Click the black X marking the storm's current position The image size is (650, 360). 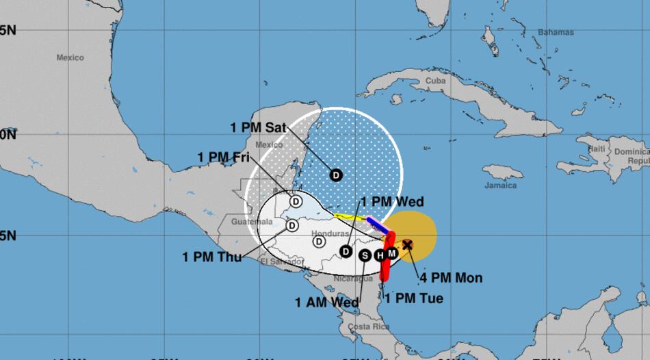tap(407, 244)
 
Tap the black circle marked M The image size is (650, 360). tap(391, 253)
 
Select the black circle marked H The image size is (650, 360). tap(380, 255)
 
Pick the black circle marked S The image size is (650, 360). tap(365, 255)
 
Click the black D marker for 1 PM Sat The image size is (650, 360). tap(336, 175)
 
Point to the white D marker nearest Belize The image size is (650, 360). tap(296, 201)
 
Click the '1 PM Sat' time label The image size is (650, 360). tap(259, 127)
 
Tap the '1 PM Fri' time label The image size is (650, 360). tap(223, 157)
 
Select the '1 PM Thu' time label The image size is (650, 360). tap(208, 257)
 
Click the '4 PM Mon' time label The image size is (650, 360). tap(451, 278)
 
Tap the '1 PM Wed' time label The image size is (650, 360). tap(392, 202)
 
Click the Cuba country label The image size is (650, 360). tap(436, 81)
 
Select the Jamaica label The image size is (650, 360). tap(501, 185)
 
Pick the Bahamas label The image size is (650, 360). tap(556, 32)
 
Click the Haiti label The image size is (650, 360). tap(597, 149)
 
